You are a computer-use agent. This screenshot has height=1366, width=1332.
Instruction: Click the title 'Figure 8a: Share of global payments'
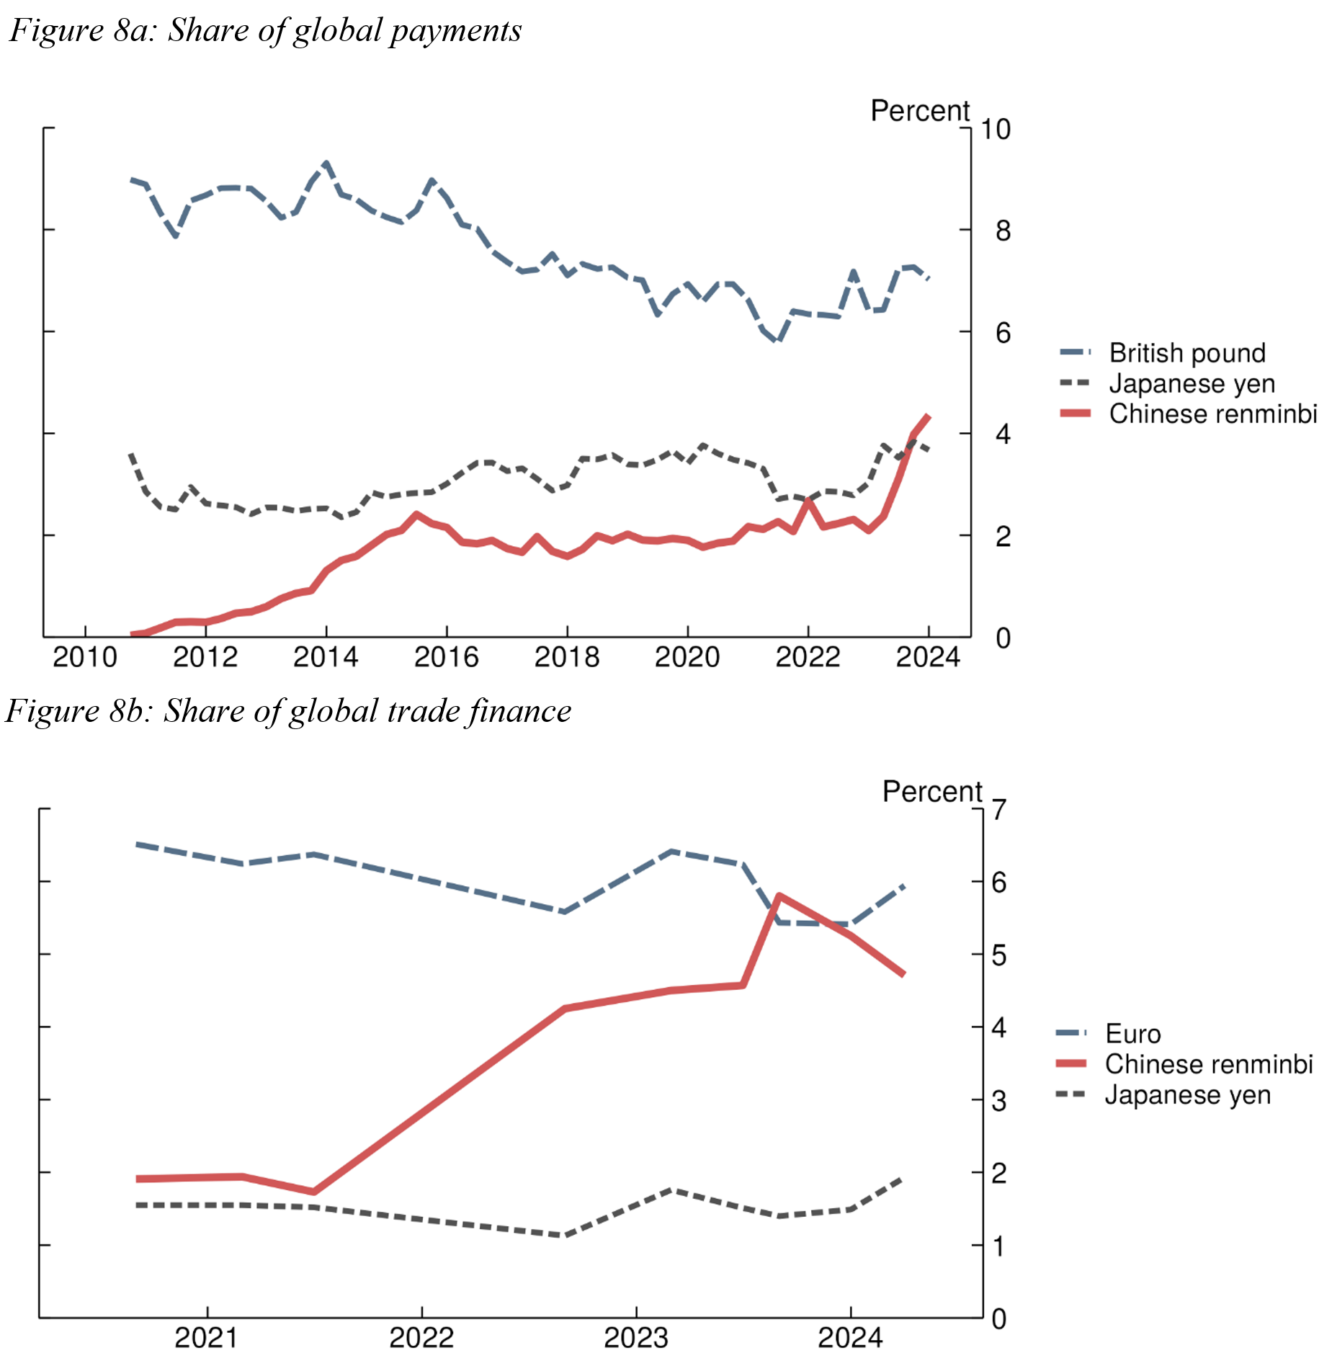coord(265,31)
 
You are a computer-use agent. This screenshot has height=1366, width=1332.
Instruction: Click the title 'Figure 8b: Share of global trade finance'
coord(288,712)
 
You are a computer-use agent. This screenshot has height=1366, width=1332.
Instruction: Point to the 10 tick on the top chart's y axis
coord(996,130)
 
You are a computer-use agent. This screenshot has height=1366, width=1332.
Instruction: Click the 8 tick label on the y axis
coord(1003,231)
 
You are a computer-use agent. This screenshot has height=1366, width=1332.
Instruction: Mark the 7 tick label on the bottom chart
coord(998,811)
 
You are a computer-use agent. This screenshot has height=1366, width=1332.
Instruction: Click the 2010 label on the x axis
coord(85,657)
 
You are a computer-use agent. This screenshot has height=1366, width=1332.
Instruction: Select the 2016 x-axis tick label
coord(447,657)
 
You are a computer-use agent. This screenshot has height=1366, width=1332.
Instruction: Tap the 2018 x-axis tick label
coord(567,657)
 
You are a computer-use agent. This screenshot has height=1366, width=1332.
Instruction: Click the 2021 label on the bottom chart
coord(207,1339)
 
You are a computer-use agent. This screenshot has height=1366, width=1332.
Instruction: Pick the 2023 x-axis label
coord(636,1339)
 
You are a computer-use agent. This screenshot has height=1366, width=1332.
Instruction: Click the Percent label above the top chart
coord(920,111)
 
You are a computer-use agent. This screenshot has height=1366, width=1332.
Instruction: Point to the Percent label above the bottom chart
coord(932,792)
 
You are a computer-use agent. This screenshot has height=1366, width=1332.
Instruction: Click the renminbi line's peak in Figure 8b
coord(779,896)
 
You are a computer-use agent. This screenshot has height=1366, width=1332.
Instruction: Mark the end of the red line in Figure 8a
coord(929,416)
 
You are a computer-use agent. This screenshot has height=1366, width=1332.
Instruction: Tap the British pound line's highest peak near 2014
coord(326,164)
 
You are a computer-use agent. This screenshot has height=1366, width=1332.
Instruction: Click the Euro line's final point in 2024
coord(903,886)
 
